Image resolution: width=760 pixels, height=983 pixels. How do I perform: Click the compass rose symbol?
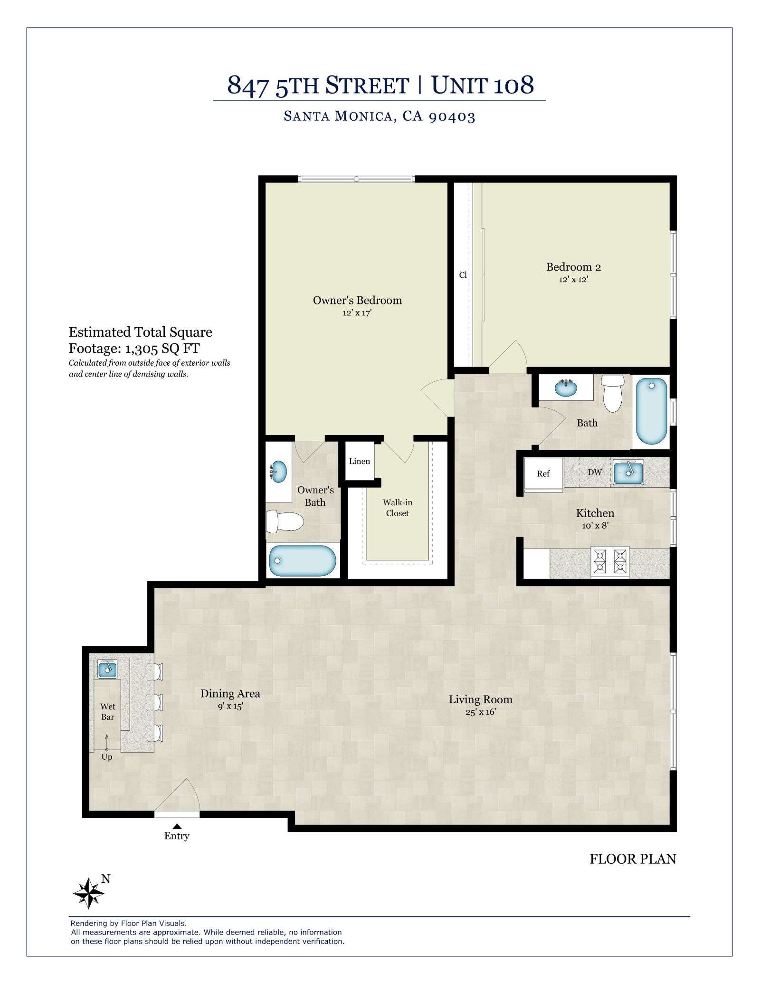[88, 893]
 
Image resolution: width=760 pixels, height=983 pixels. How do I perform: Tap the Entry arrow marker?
[177, 826]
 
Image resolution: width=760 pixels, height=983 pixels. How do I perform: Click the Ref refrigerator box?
[543, 473]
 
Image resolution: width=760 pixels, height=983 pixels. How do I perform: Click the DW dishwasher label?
[595, 472]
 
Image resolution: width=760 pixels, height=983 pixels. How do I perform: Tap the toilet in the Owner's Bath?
[284, 521]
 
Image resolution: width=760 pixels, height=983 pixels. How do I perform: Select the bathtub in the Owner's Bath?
[303, 560]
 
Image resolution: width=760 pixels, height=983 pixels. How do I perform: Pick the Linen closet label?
[359, 461]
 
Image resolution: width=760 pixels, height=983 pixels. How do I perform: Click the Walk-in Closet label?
[397, 508]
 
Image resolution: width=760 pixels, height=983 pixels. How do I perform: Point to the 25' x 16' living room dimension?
[481, 712]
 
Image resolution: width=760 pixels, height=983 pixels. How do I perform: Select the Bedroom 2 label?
[573, 267]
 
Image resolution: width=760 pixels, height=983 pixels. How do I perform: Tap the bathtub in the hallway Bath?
[651, 411]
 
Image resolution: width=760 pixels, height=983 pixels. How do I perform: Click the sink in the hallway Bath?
[566, 388]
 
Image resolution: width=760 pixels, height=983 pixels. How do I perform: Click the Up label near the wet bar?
[106, 757]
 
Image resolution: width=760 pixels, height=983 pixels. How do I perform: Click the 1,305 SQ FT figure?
[162, 349]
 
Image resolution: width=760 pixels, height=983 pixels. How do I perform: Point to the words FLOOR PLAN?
[632, 859]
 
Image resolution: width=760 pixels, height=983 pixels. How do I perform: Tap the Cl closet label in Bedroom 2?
[463, 275]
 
